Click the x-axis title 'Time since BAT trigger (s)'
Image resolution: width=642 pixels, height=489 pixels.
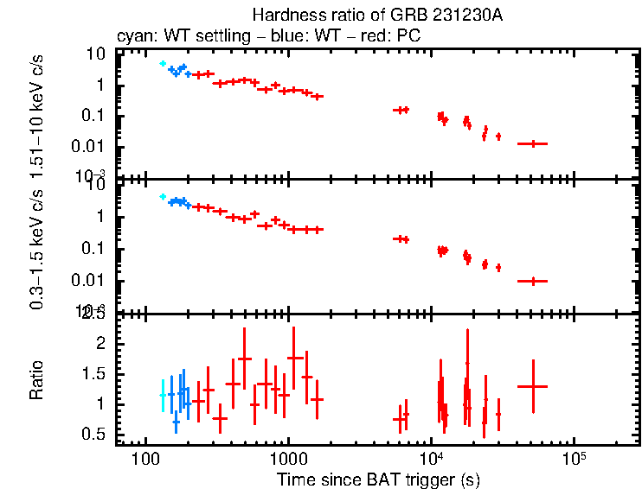coord(378,479)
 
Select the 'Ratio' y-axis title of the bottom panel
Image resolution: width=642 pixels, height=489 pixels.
coord(37,381)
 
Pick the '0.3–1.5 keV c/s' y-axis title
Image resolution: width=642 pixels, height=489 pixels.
coord(37,246)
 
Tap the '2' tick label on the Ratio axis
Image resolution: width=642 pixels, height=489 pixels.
coord(100,344)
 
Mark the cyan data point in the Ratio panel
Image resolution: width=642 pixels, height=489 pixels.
coord(163,395)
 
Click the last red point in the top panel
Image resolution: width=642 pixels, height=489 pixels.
coord(532,143)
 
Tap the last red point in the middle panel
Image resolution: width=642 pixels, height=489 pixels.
coord(532,281)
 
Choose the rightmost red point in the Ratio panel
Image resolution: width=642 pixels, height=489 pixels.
coord(532,386)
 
